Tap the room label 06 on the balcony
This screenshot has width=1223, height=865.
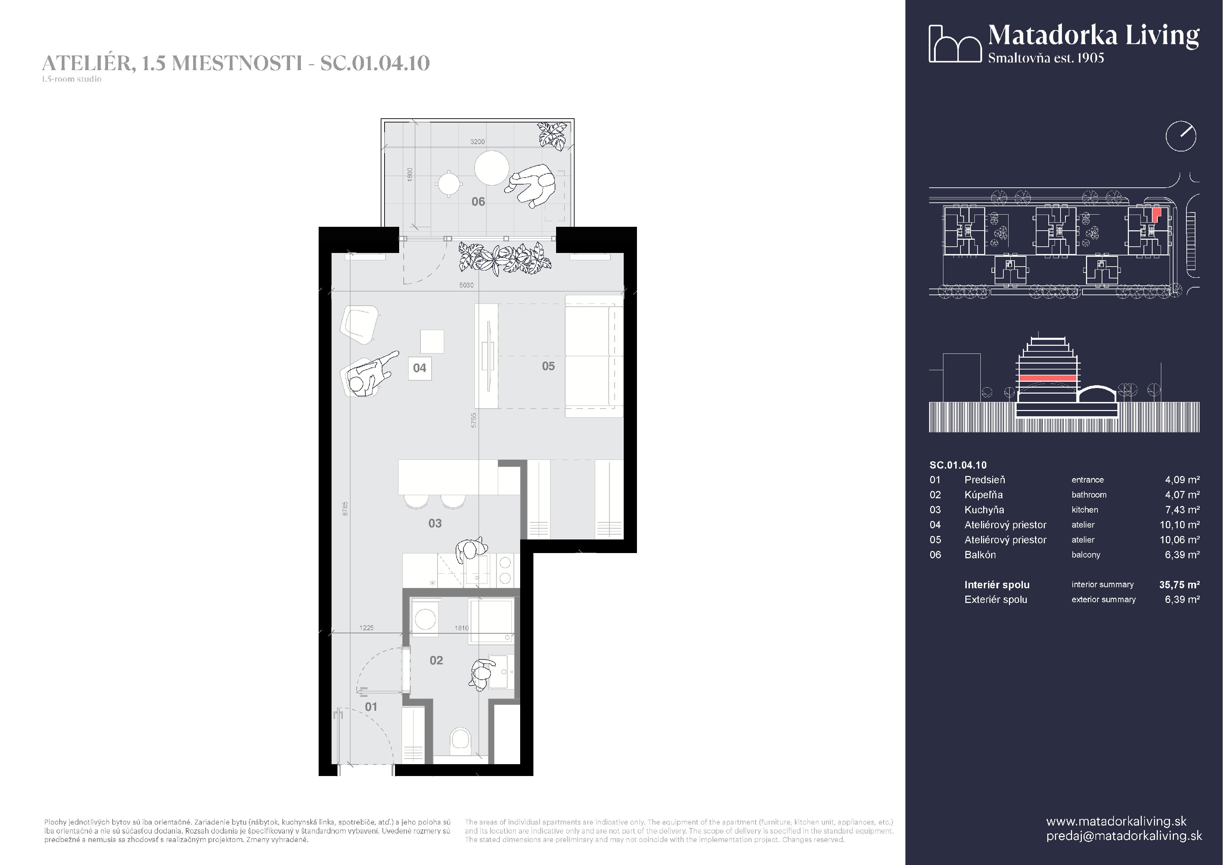point(478,201)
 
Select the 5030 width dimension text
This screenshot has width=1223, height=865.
point(466,285)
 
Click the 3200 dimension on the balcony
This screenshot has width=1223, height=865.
point(477,142)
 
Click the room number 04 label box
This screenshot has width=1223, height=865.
point(420,368)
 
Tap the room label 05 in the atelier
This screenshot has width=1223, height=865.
point(548,366)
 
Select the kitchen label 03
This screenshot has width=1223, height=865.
point(435,523)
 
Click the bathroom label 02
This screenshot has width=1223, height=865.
point(436,660)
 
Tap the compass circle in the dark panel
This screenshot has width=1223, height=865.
point(1181,136)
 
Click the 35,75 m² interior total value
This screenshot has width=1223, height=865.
point(1179,585)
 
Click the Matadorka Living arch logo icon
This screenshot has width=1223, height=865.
point(955,43)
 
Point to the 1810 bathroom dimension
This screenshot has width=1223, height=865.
point(461,628)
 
